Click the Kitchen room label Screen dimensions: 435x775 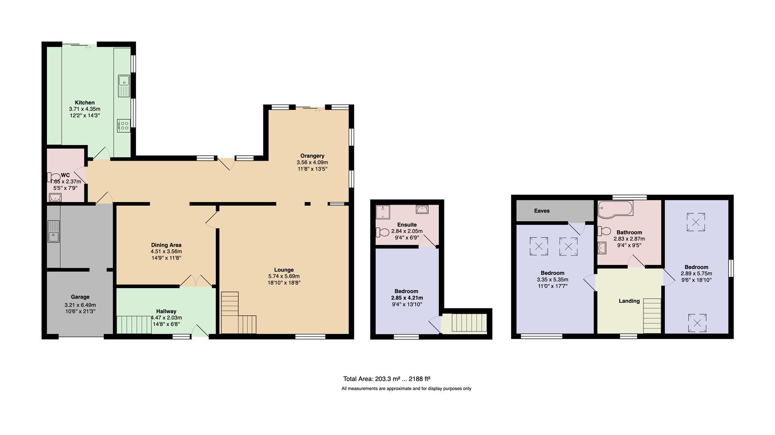(84, 102)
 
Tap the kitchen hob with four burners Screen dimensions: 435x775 (124, 125)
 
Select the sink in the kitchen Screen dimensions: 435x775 (124, 86)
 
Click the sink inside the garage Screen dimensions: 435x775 (54, 231)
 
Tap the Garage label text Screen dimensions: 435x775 (80, 297)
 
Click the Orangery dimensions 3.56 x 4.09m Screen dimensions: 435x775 (312, 162)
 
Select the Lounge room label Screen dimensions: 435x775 (284, 270)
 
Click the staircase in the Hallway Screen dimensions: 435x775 (134, 325)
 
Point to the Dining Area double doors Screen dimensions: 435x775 (196, 281)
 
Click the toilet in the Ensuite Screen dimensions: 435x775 (382, 232)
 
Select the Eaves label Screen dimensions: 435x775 (542, 211)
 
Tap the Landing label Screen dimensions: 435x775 (629, 301)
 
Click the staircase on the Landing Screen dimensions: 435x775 (651, 315)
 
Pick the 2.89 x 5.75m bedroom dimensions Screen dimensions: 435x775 (696, 273)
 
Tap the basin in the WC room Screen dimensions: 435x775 (54, 197)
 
